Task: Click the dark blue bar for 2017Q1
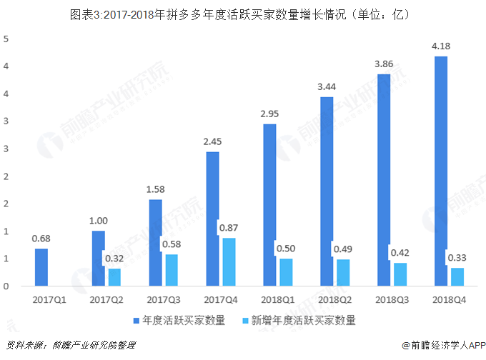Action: pos(41,267)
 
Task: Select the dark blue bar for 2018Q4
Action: pos(442,171)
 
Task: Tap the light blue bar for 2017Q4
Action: pos(229,261)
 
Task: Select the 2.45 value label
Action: pos(212,143)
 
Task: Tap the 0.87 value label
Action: pos(229,228)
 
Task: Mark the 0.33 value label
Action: pos(458,257)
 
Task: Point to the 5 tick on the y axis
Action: pos(6,39)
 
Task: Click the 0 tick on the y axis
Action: pos(6,286)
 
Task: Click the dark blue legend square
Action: pos(136,321)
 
